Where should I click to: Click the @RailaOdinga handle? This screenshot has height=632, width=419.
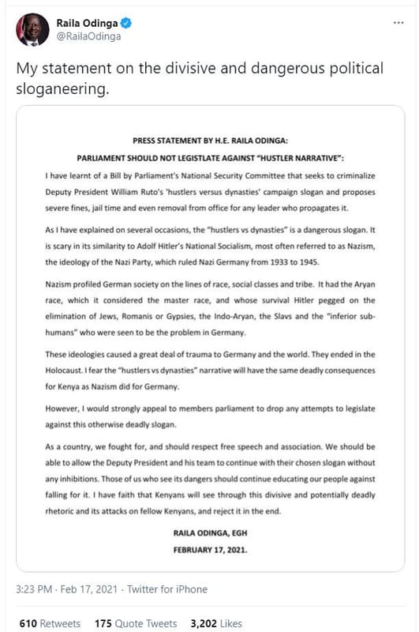tap(87, 36)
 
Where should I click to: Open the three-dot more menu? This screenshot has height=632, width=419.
tap(398, 23)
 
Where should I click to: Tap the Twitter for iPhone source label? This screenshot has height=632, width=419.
tap(169, 589)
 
